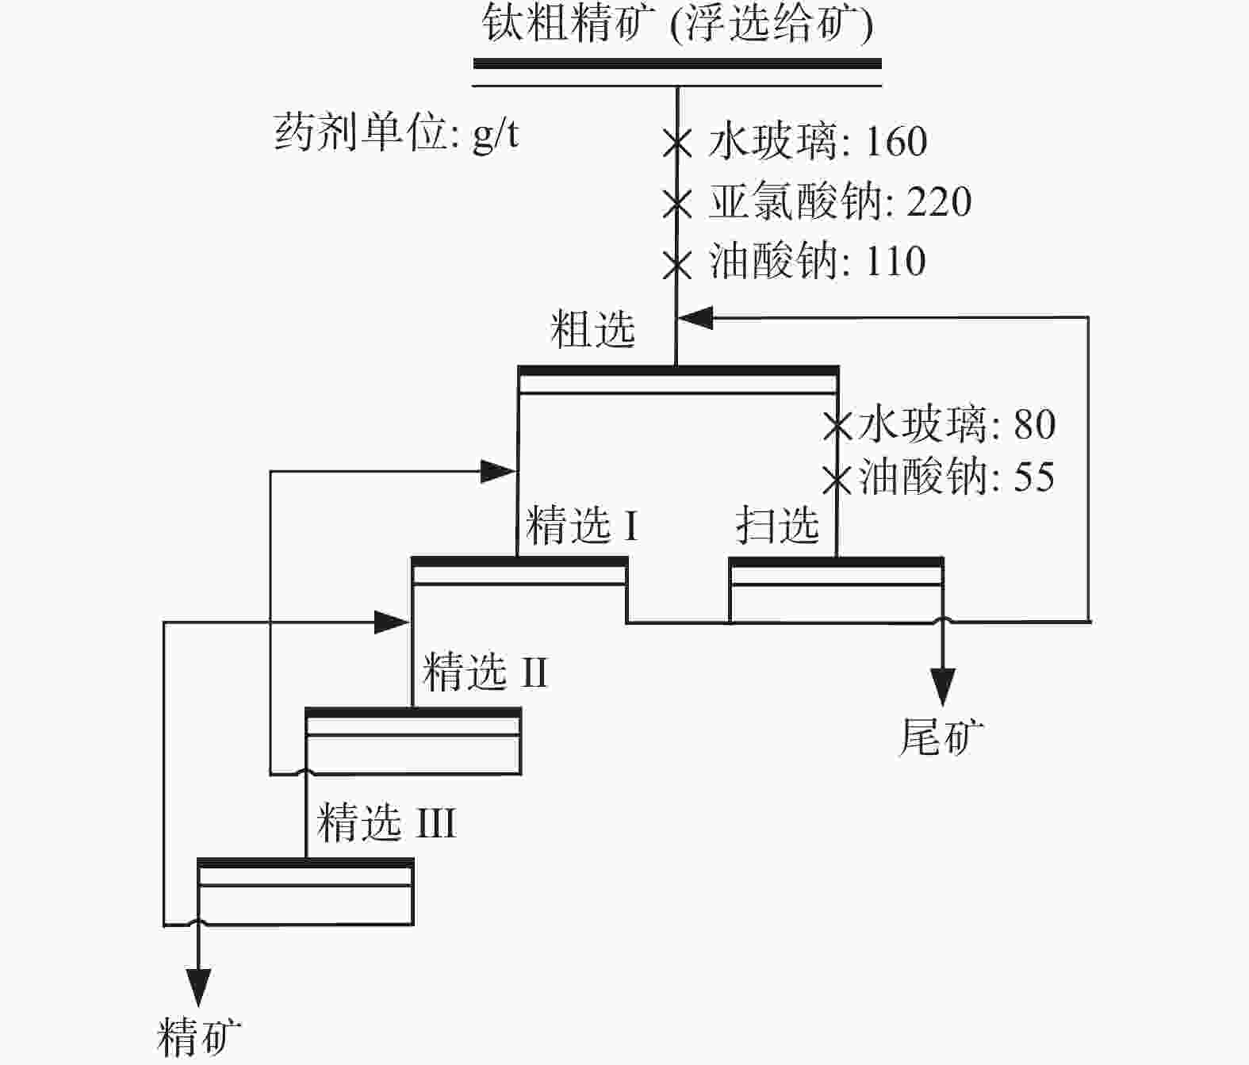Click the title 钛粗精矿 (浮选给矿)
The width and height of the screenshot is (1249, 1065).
[x=677, y=24]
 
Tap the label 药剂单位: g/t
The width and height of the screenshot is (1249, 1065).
[x=397, y=133]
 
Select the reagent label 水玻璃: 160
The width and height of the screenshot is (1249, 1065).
[x=817, y=142]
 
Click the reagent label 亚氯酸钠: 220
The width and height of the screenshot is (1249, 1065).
[x=839, y=202]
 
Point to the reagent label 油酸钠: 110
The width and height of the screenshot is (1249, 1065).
[x=817, y=262]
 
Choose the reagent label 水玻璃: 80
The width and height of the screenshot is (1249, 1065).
[x=956, y=424]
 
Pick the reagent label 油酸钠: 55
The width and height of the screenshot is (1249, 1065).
[x=956, y=477]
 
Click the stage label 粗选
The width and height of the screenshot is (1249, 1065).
[x=592, y=329]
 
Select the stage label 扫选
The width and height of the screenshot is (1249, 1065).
[x=776, y=525]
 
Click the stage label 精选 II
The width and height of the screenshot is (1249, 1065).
[x=485, y=672]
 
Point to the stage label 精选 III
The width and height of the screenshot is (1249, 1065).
[x=386, y=822]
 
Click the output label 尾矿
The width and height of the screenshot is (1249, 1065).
[x=941, y=737]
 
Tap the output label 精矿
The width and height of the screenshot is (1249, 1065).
[x=199, y=1036]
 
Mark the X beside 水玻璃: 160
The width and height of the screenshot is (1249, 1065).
[x=677, y=144]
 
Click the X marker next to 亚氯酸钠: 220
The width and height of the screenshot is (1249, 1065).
[x=677, y=204]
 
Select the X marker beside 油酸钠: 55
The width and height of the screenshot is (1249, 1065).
[x=837, y=478]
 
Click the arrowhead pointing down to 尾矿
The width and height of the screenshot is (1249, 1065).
[x=942, y=686]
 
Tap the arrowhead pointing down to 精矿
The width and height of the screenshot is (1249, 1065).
[x=197, y=986]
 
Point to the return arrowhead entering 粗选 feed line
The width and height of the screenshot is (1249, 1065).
[x=695, y=318]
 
